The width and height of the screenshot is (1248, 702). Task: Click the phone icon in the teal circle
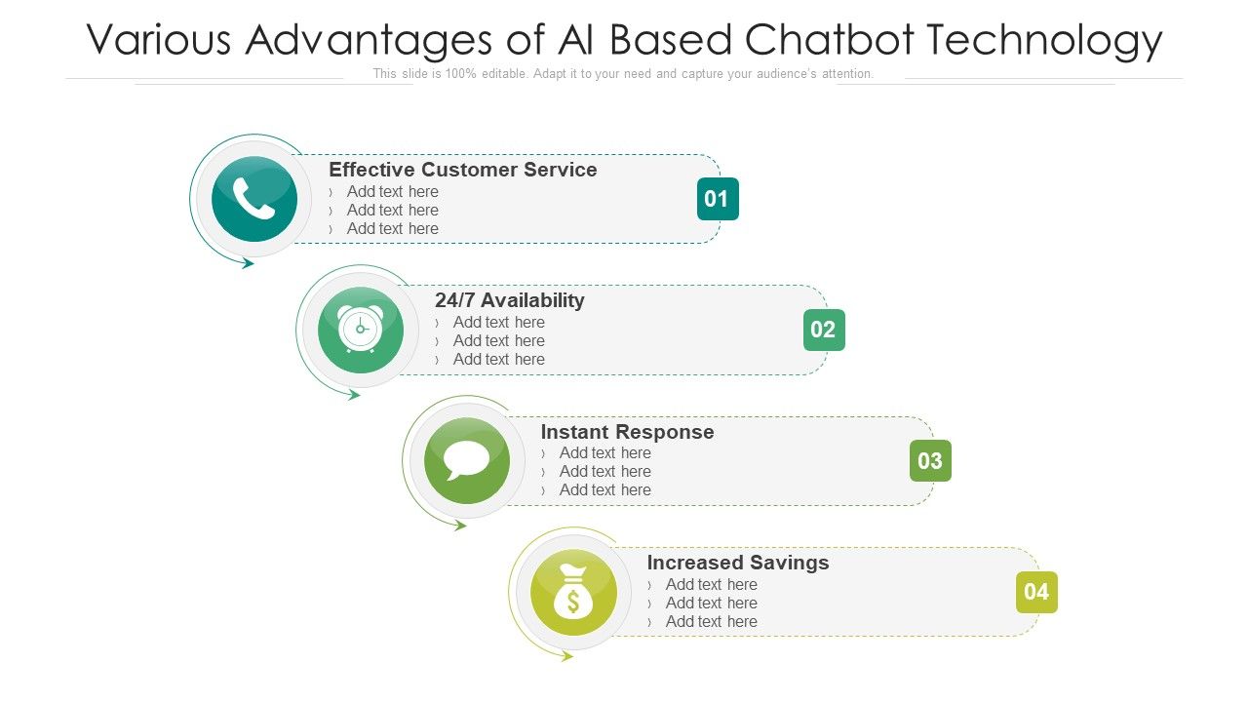coord(254,199)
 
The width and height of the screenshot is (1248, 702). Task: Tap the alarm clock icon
coord(361,330)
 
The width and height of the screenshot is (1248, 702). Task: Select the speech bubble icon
coord(467,460)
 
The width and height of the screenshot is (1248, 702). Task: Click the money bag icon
coord(573,593)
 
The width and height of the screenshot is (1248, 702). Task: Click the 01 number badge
coord(718,199)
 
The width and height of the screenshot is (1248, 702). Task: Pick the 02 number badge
coord(824,330)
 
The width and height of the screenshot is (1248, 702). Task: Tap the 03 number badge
coord(930,461)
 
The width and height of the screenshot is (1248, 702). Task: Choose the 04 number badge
coord(1036,592)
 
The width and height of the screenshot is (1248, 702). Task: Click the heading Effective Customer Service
coord(462,170)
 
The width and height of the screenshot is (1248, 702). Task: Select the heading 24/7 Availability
coord(509,300)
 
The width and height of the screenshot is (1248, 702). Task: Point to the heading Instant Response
coord(627,432)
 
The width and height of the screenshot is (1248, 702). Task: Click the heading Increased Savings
coord(737,563)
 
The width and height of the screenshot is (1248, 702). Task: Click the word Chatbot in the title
coord(830,41)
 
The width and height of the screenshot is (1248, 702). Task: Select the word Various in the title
coord(159,41)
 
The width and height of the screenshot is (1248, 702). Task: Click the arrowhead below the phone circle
coord(248,263)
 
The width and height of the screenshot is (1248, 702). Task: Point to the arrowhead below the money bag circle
coord(566,656)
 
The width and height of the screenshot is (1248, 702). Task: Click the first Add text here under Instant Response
coord(604,452)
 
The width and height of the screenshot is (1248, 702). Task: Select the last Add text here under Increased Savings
coord(711,621)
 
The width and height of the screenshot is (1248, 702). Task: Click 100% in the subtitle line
coord(461,74)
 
